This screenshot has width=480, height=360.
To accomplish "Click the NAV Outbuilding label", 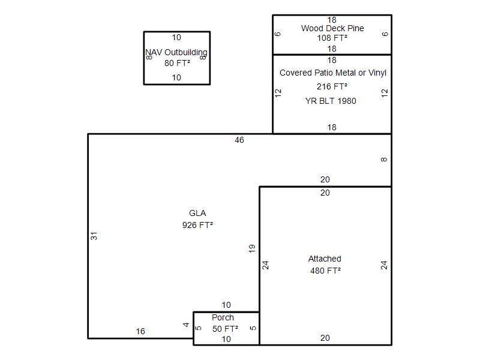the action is click(176, 53).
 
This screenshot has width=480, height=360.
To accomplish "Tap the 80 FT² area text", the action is click(177, 63).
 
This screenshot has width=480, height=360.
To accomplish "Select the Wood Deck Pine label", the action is click(332, 28).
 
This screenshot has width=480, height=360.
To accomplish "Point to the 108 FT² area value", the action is click(332, 38).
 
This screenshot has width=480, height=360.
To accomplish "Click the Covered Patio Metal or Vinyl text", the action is click(333, 73).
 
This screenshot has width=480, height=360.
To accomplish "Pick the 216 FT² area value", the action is click(332, 86).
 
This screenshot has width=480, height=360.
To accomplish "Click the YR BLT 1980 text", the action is click(331, 101).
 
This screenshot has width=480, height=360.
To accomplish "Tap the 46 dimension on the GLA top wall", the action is click(239, 140).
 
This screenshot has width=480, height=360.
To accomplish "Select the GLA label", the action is click(197, 213).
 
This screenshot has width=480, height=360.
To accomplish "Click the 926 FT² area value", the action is click(197, 226).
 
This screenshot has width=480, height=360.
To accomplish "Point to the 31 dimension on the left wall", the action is click(94, 236).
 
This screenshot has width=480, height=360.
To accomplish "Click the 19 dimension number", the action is click(251, 248).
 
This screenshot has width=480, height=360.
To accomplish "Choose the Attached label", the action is click(325, 259).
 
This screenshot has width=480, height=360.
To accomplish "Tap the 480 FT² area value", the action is click(326, 271).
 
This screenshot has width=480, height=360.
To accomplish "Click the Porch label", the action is click(223, 317).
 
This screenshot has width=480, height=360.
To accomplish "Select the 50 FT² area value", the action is click(226, 329).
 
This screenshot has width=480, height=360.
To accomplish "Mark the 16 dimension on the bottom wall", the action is click(140, 331).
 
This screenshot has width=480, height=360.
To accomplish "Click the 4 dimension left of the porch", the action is click(186, 325).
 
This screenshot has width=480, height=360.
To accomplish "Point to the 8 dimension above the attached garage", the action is click(384, 160).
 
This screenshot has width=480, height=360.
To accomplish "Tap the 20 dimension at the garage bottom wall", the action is click(325, 338).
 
